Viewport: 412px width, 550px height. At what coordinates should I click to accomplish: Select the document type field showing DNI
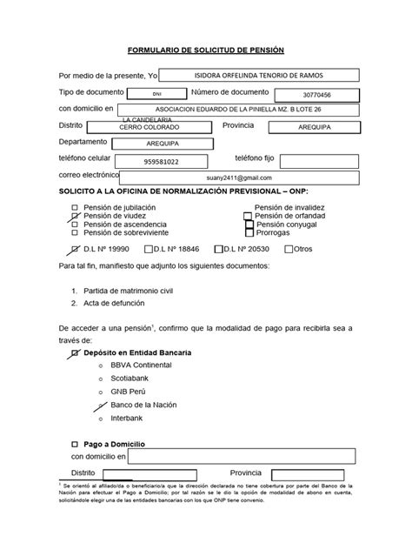pyautogui.click(x=156, y=93)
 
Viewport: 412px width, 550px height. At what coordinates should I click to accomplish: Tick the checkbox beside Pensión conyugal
pyautogui.click(x=249, y=225)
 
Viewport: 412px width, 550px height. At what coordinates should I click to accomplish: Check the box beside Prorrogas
pyautogui.click(x=249, y=233)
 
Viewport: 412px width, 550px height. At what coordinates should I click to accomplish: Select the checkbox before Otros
pyautogui.click(x=289, y=249)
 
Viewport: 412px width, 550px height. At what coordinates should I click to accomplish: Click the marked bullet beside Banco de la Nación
pyautogui.click(x=103, y=406)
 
